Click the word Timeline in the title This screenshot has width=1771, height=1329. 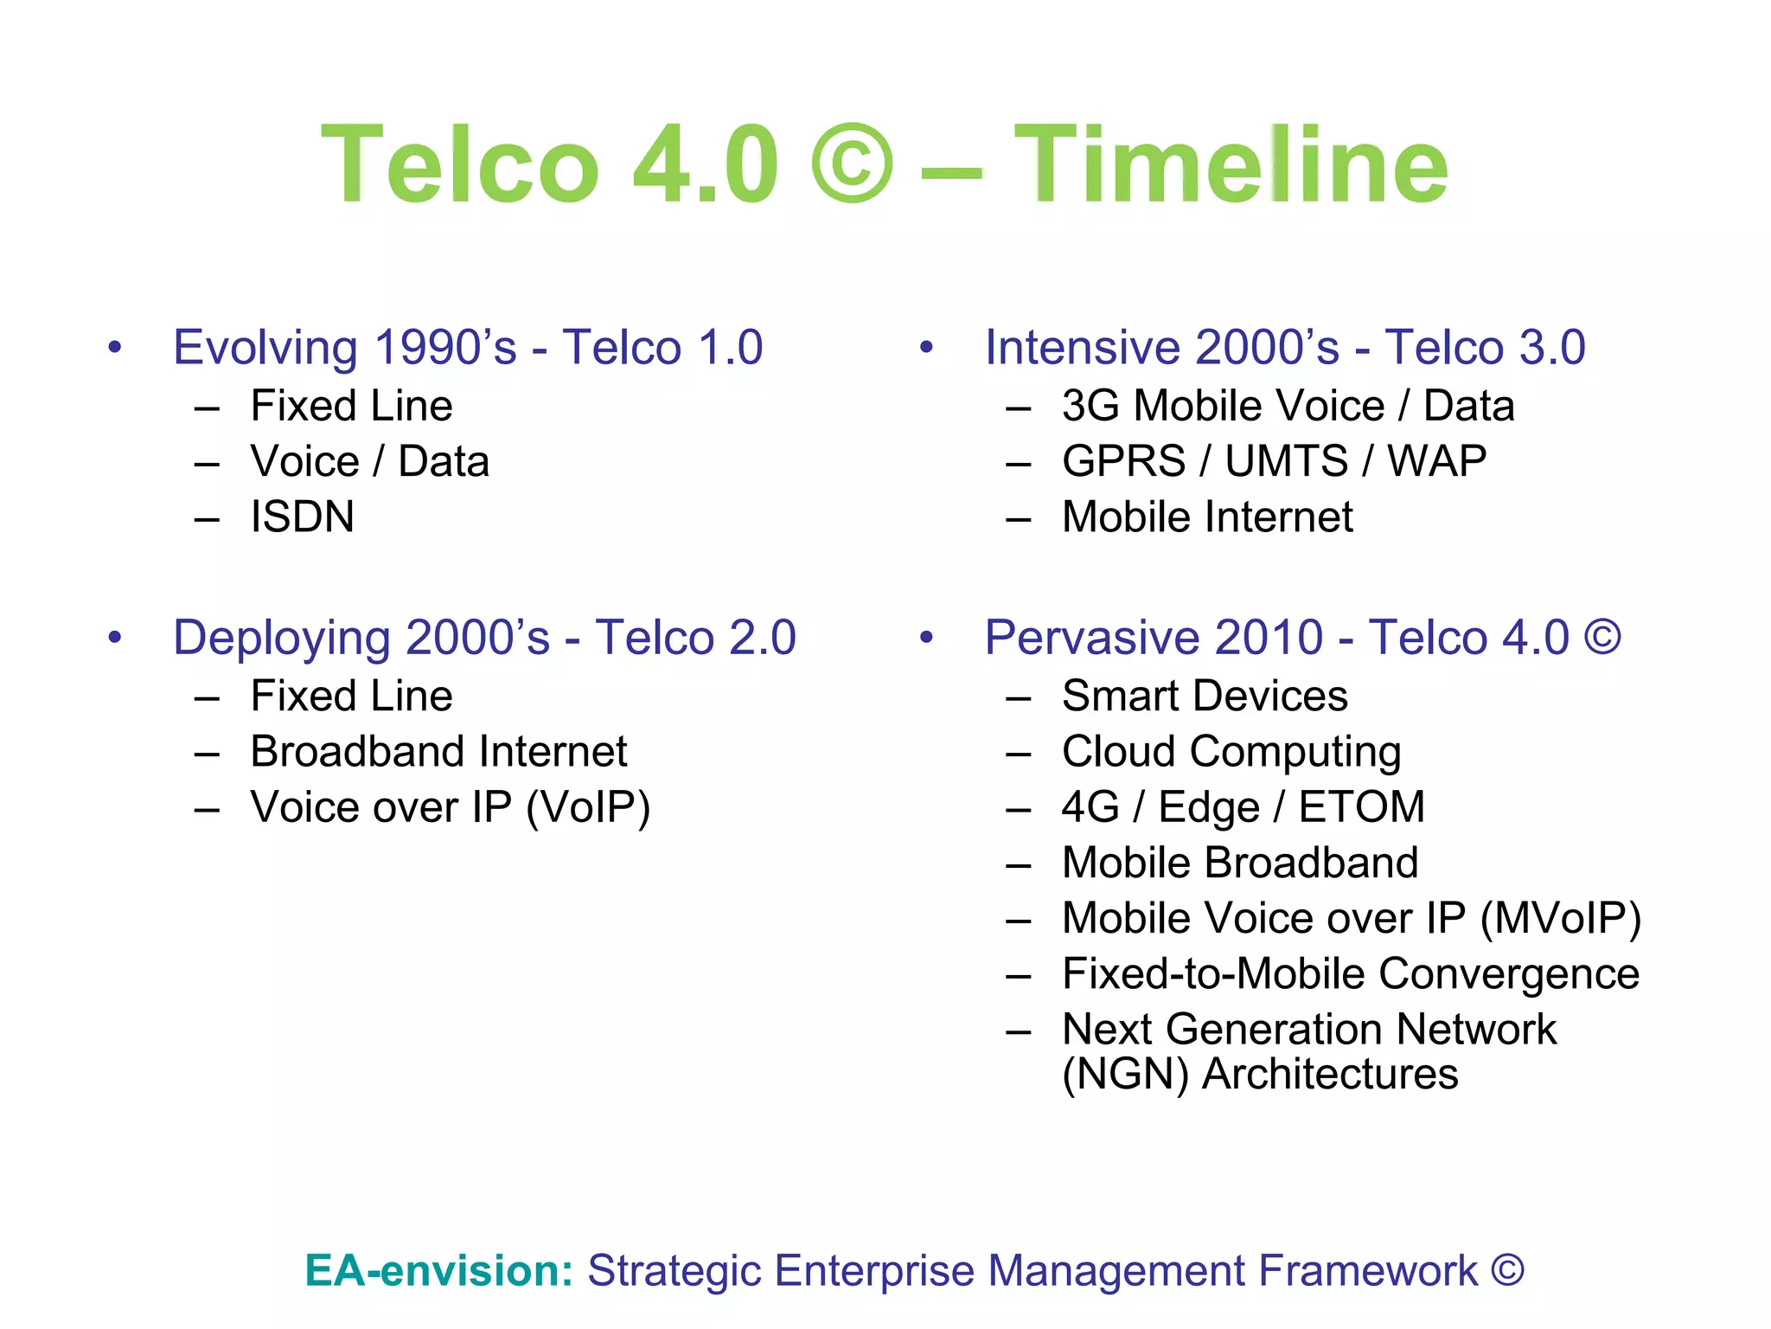pyautogui.click(x=1231, y=164)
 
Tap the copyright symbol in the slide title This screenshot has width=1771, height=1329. pyautogui.click(x=852, y=164)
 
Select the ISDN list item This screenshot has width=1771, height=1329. pyautogui.click(x=302, y=517)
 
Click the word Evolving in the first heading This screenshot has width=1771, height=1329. pyautogui.click(x=265, y=348)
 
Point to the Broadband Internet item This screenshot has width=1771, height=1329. pyautogui.click(x=438, y=751)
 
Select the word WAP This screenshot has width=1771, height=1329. pyautogui.click(x=1436, y=461)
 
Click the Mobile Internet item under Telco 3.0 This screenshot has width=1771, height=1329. pyautogui.click(x=1207, y=517)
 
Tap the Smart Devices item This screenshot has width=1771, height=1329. pyautogui.click(x=1205, y=696)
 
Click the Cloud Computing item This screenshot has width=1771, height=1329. pyautogui.click(x=1231, y=752)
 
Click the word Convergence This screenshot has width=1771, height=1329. pyautogui.click(x=1509, y=973)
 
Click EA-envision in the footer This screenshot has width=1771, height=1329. pyautogui.click(x=438, y=1271)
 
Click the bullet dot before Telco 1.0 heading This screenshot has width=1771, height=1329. pyautogui.click(x=115, y=348)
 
